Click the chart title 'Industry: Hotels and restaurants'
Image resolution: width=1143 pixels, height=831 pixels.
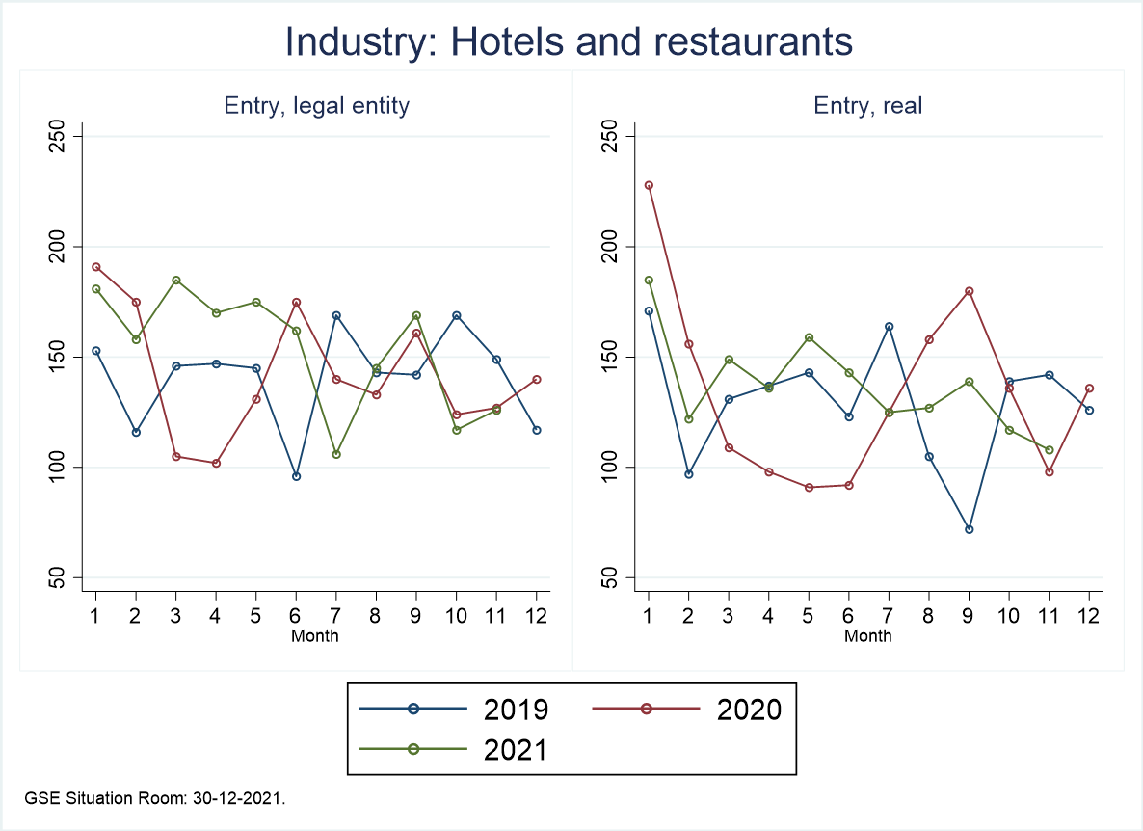(x=570, y=42)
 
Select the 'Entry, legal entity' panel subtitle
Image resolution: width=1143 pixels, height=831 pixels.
(x=316, y=106)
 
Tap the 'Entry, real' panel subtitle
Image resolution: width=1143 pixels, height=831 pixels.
(x=868, y=106)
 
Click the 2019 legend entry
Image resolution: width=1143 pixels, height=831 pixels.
(x=454, y=710)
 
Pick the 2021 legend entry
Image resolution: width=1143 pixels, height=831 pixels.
(x=454, y=748)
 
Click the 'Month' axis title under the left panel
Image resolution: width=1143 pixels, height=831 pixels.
(x=315, y=635)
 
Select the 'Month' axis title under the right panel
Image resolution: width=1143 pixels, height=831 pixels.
(x=868, y=635)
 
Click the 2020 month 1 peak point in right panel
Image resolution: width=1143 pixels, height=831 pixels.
(x=649, y=185)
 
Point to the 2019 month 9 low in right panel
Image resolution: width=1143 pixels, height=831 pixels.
(x=969, y=529)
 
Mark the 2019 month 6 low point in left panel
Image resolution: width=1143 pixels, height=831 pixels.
(x=296, y=476)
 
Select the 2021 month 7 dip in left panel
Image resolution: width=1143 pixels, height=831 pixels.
(x=336, y=454)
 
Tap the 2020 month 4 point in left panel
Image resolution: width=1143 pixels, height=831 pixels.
(x=216, y=463)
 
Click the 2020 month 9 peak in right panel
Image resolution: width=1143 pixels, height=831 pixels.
(x=969, y=291)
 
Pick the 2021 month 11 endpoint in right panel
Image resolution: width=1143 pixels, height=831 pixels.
(x=1049, y=449)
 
